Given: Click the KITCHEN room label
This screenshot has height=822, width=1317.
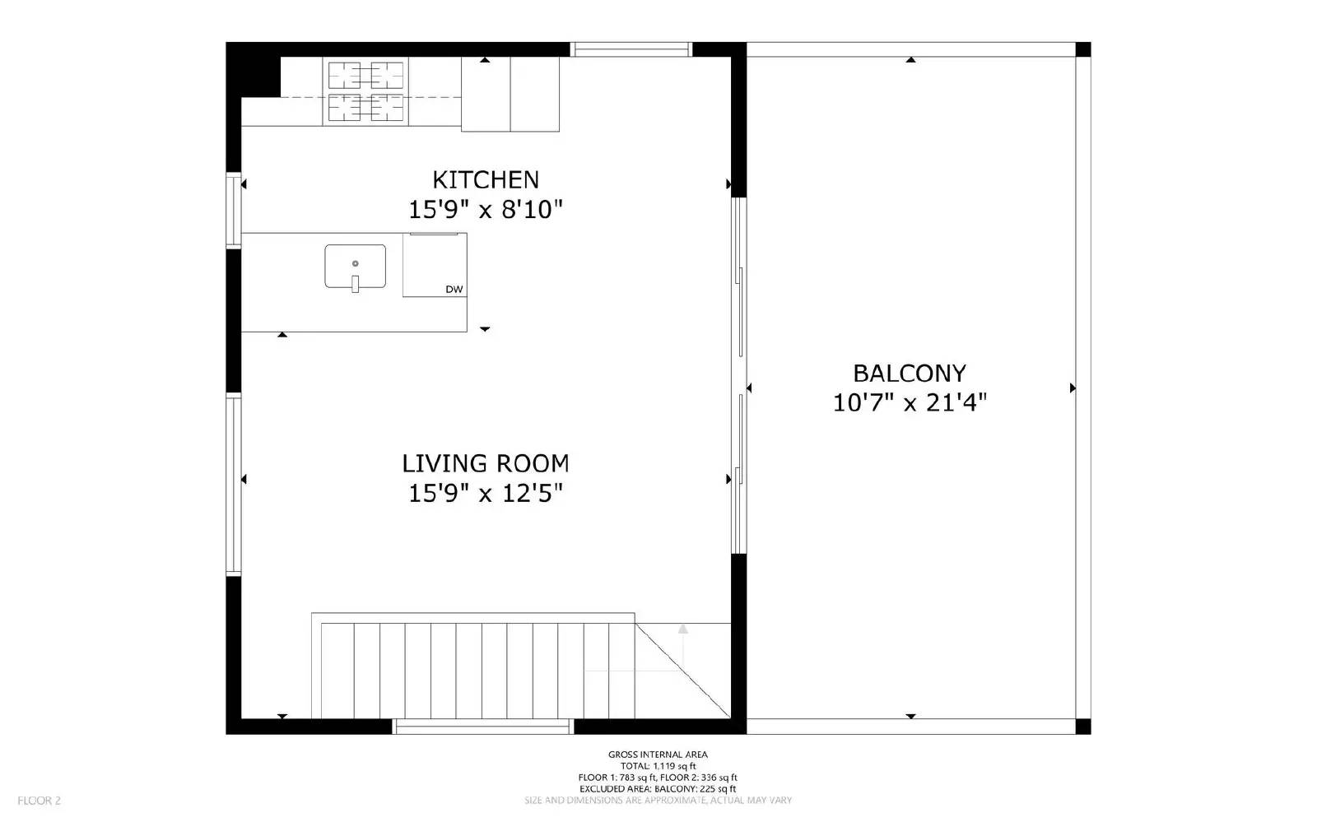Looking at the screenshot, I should point(486,179).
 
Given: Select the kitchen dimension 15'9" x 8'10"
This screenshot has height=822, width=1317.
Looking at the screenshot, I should point(486,210).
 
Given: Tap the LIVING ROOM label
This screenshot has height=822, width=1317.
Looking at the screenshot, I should point(486,463).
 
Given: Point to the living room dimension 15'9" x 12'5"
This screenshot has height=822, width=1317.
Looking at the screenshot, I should point(486,493).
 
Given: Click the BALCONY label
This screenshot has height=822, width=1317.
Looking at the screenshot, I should point(910,374).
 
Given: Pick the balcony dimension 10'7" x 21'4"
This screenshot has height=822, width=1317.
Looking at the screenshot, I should point(910,402).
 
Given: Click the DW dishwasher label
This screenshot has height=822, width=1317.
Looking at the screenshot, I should point(454,290).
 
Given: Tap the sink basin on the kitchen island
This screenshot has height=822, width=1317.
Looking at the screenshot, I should point(355,266).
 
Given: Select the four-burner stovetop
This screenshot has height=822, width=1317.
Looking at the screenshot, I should point(366,91).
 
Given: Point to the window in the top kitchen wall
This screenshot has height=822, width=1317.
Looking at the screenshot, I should point(631,50).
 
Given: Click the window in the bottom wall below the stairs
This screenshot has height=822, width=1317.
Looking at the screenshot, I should point(482,727).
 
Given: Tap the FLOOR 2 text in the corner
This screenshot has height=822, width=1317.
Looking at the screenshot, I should point(40,801).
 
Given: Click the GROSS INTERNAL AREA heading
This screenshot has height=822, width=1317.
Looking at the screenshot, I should point(658,755).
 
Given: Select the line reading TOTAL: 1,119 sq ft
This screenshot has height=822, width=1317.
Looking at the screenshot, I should point(658,766).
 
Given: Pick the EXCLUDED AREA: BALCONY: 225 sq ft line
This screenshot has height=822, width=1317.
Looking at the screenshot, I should point(658,789).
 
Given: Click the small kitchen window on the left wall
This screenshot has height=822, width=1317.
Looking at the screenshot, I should point(234,210).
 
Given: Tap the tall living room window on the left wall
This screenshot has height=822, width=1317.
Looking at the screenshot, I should point(234,485).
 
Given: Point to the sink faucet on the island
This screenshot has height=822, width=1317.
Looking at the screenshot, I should point(355,283).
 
